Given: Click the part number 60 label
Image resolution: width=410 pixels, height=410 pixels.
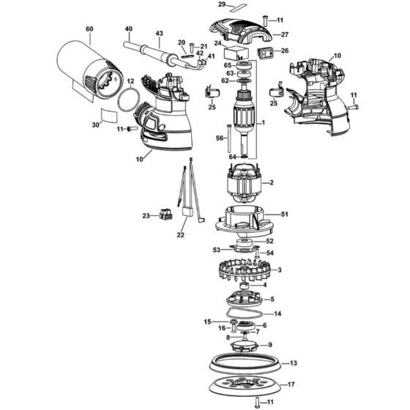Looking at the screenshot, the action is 89,29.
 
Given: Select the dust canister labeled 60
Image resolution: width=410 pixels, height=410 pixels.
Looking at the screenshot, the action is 89,70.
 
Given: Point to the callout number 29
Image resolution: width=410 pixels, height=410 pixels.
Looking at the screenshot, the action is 222,4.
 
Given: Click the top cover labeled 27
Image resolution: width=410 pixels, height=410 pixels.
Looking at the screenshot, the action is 241,31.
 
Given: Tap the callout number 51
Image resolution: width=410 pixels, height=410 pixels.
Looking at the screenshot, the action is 285,214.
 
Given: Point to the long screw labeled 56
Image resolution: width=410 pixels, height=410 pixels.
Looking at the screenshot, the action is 229,138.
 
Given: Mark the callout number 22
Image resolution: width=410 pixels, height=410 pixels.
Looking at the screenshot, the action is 180,235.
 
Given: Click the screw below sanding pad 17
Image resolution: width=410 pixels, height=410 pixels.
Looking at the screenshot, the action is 256,401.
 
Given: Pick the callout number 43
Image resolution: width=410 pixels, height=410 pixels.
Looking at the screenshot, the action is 160,33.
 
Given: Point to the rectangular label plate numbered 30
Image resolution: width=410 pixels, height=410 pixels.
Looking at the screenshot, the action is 109,115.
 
